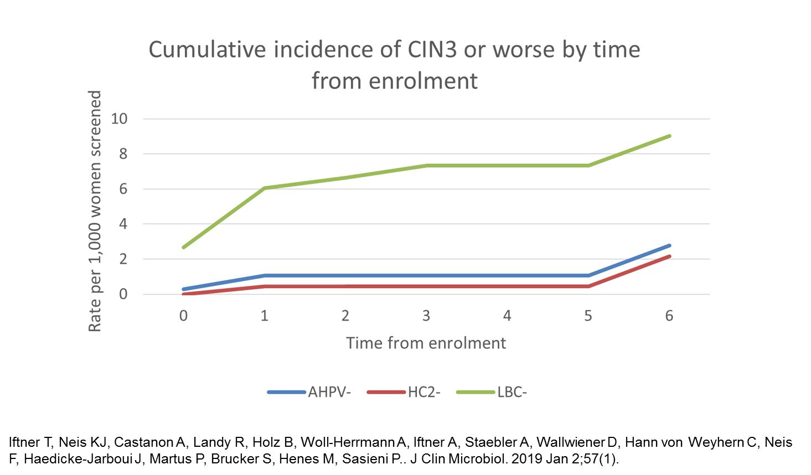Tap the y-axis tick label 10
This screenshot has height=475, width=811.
point(119,118)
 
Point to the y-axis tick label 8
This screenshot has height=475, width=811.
point(123,154)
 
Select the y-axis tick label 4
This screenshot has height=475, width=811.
point(123,224)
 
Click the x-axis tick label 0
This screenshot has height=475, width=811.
point(183,316)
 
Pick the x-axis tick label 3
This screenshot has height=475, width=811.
point(426,316)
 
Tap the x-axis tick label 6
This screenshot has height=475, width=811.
point(669,316)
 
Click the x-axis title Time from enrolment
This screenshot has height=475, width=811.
point(426,343)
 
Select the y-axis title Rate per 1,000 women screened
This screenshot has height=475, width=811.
point(95,211)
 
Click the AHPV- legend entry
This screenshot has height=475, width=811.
point(329,393)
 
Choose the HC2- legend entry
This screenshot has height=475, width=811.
point(424,393)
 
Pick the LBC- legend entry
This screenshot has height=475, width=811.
point(512,393)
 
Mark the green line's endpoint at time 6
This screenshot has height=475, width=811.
point(669,135)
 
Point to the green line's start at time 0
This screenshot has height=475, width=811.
point(184,247)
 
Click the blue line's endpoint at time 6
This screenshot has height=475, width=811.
point(669,246)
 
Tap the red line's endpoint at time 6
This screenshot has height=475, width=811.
point(669,257)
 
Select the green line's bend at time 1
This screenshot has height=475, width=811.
point(265,188)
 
